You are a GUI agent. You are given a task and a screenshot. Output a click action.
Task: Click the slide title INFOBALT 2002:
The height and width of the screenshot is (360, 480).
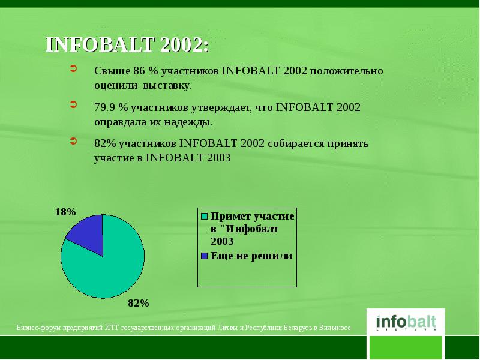[x=128, y=46]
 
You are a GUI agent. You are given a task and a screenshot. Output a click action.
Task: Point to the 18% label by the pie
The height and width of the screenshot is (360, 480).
[x=65, y=212]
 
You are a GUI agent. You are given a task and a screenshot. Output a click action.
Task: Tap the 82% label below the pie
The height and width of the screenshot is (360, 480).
[x=138, y=303]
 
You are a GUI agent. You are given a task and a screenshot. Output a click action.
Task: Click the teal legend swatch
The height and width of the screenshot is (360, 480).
[x=205, y=216]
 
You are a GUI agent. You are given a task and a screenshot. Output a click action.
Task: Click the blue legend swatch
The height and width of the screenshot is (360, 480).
[x=205, y=256]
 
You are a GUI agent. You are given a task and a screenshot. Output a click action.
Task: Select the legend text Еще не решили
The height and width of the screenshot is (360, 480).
[x=251, y=256]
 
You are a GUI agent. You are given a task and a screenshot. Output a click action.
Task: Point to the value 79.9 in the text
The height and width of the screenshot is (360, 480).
[x=104, y=108]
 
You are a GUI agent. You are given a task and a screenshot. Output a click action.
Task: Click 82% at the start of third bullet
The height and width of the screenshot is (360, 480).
[x=104, y=144]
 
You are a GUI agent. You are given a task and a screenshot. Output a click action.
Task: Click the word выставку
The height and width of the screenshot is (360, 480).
[x=172, y=85]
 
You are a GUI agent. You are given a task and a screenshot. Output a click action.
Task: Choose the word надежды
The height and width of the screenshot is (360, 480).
[x=190, y=122]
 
